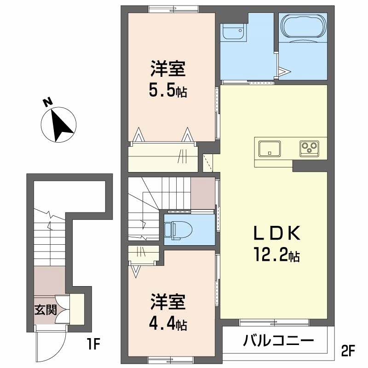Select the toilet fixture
(x=178, y=230)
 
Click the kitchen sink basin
(x=270, y=149)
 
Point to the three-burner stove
(x=309, y=149)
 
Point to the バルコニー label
(x=278, y=340)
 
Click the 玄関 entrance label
(x=46, y=310)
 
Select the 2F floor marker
(x=347, y=350)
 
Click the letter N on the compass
(x=48, y=102)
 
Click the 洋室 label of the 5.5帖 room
(x=168, y=69)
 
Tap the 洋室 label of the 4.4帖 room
(x=168, y=302)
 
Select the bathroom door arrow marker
(x=284, y=71)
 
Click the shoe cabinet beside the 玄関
(x=77, y=309)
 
